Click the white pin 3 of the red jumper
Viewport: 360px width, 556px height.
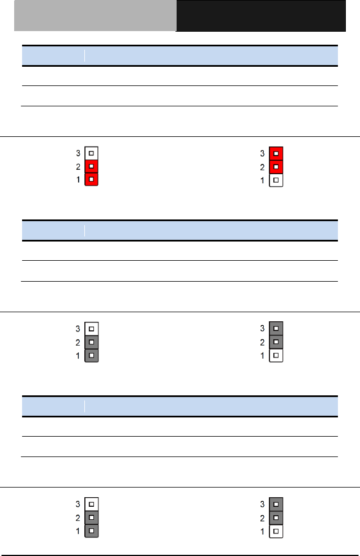pos(91,153)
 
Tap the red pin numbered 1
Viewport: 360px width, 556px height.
pos(91,179)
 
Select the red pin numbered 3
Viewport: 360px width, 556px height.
pos(276,153)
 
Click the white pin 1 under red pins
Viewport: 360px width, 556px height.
pos(276,180)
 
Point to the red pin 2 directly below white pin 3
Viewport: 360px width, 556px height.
pos(91,166)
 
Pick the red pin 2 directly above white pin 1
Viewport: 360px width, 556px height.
pos(276,167)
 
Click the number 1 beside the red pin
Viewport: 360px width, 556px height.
pos(78,180)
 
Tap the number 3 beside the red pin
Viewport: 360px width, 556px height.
pos(263,153)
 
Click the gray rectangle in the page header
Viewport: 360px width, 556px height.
pos(95,16)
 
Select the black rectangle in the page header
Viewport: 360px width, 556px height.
pos(261,16)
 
